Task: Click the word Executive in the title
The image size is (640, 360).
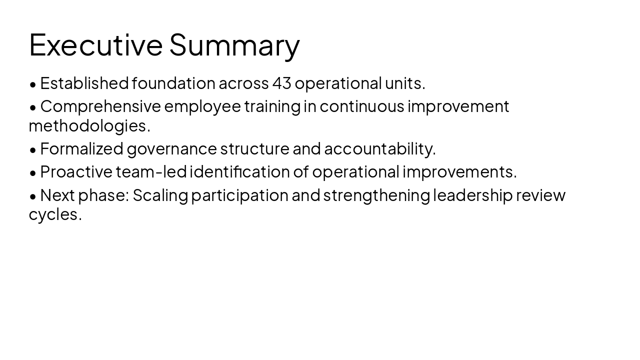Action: pyautogui.click(x=95, y=44)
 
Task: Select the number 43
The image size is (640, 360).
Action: pyautogui.click(x=281, y=83)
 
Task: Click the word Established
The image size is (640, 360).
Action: pyautogui.click(x=84, y=83)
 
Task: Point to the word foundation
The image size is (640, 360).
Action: pyautogui.click(x=173, y=83)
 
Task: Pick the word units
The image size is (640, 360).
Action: pyautogui.click(x=404, y=83)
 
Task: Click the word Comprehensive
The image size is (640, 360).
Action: pyautogui.click(x=100, y=106)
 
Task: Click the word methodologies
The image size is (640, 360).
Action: pyautogui.click(x=89, y=126)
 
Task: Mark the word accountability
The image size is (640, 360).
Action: pyautogui.click(x=379, y=149)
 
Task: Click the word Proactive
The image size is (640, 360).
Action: pyautogui.click(x=76, y=172)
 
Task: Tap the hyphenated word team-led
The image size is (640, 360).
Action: pyautogui.click(x=151, y=172)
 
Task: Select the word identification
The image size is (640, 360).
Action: pyautogui.click(x=239, y=172)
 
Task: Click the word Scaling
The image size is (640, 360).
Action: pyautogui.click(x=160, y=195)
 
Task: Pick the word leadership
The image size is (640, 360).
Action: pyautogui.click(x=472, y=195)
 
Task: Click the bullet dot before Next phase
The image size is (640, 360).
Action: pyautogui.click(x=33, y=196)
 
